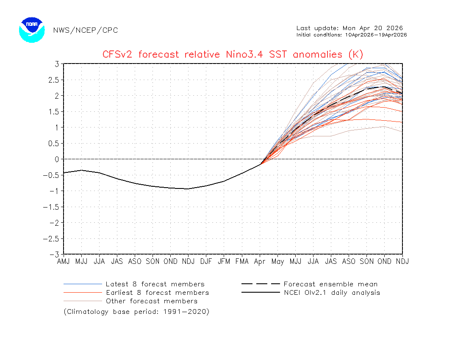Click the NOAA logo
click(32, 30)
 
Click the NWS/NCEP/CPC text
click(86, 30)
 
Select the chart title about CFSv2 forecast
click(233, 55)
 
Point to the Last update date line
click(349, 28)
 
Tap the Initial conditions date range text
click(352, 35)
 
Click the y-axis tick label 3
click(56, 64)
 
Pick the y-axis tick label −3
click(54, 254)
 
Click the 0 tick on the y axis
click(56, 159)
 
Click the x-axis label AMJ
click(64, 262)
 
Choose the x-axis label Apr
click(260, 262)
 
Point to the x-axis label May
click(277, 262)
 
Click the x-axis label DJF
click(206, 262)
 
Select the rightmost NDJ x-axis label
click(402, 262)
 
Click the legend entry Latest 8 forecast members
click(155, 284)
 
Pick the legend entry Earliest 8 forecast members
click(157, 293)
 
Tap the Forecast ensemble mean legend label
click(330, 284)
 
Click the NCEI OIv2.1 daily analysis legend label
click(332, 293)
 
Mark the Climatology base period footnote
click(136, 312)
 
